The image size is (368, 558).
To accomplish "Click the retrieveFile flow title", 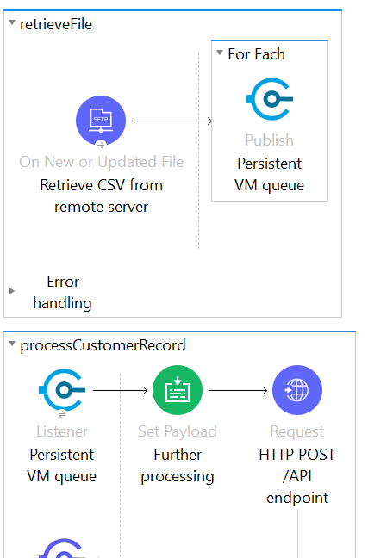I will pyautogui.click(x=55, y=24).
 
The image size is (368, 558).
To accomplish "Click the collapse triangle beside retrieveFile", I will pyautogui.click(x=11, y=24).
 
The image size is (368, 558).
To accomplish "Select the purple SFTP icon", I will pyautogui.click(x=101, y=121).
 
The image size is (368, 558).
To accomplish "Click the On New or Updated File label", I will pyautogui.click(x=101, y=162).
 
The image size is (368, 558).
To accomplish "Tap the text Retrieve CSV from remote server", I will pyautogui.click(x=101, y=195).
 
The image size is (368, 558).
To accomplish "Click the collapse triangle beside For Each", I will pyautogui.click(x=220, y=54).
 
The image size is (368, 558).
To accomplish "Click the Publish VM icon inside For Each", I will pyautogui.click(x=269, y=101).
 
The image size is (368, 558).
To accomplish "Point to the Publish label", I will pyautogui.click(x=269, y=139).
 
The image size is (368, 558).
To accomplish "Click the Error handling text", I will pyautogui.click(x=62, y=292).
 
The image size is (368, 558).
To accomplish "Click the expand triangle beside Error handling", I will pyautogui.click(x=12, y=291).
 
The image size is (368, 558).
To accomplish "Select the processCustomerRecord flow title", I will pyautogui.click(x=103, y=345).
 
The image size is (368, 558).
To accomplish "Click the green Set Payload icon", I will pyautogui.click(x=177, y=391).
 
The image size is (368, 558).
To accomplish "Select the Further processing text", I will pyautogui.click(x=177, y=465).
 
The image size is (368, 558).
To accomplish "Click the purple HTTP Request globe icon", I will pyautogui.click(x=297, y=391).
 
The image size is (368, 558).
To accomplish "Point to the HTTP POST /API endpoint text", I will pyautogui.click(x=297, y=475).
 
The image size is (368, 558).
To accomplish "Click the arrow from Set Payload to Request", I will pyautogui.click(x=237, y=391).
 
